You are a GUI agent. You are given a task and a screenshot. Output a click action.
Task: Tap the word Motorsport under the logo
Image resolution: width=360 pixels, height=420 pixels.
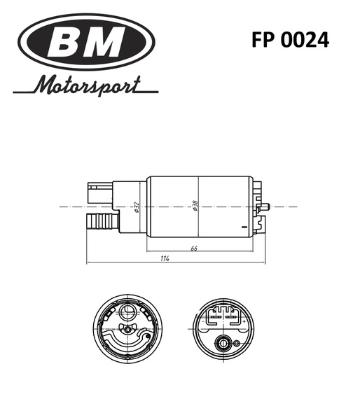[88, 87]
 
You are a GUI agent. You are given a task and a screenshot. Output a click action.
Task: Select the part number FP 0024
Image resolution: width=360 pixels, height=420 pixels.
[290, 40]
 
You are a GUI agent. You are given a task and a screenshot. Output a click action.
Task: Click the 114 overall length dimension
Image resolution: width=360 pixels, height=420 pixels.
[165, 258]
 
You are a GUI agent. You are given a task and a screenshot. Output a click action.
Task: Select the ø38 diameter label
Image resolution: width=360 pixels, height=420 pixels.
[195, 207]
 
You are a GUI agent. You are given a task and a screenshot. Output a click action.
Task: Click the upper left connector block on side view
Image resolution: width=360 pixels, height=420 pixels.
[98, 191]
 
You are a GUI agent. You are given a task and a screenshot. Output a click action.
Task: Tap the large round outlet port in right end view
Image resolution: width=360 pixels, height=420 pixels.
[224, 343]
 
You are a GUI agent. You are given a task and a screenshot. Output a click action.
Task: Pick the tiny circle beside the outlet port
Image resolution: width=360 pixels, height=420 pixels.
[237, 343]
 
